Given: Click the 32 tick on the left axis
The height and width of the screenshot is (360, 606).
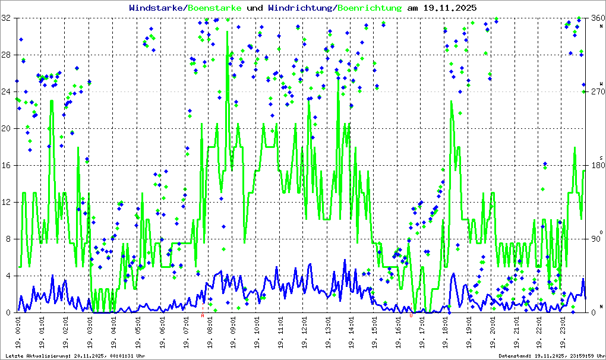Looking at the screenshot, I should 7,18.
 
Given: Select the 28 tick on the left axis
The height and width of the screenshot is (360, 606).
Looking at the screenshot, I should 7,55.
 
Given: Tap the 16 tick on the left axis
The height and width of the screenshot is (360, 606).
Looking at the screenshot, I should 7,166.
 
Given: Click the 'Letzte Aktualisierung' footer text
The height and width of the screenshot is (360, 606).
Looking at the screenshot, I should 74,356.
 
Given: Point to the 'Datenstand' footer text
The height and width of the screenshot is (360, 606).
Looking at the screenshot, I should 551,356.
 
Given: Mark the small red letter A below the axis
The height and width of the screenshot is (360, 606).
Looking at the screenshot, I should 203,316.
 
